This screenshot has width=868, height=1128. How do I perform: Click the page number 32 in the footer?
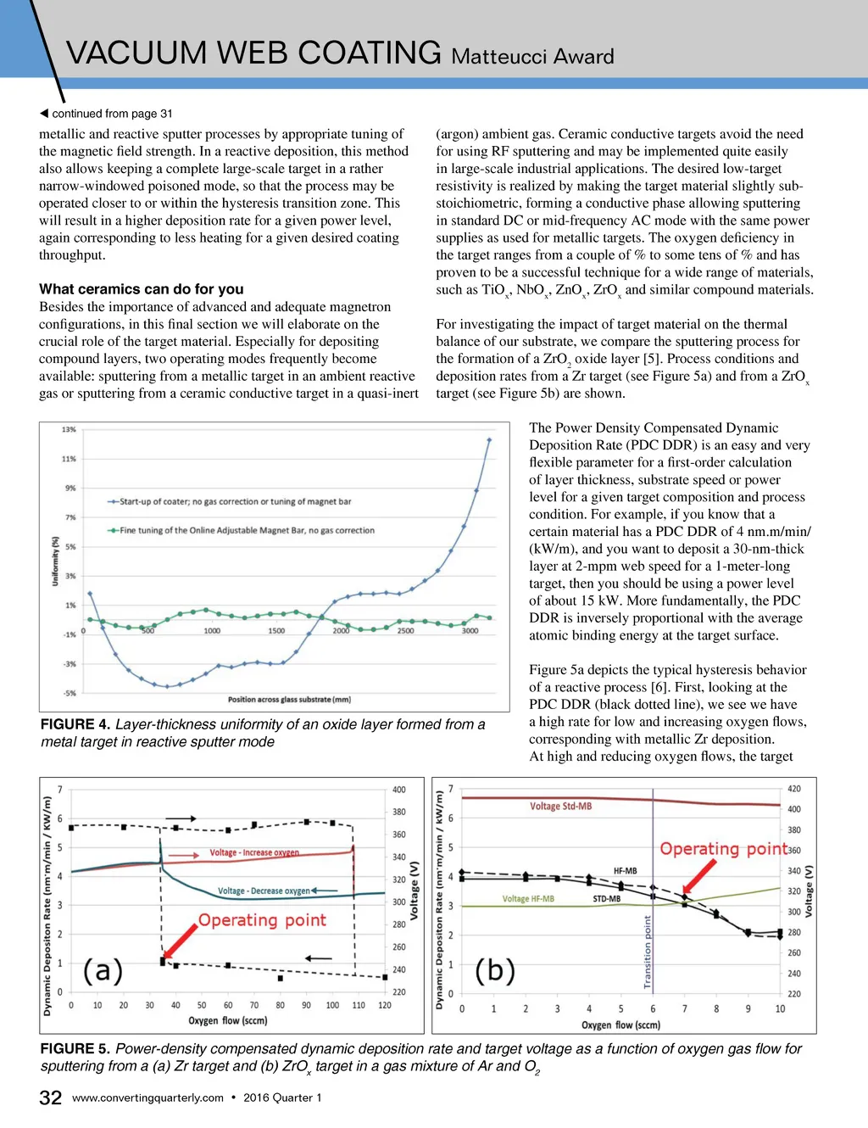[x=51, y=1097]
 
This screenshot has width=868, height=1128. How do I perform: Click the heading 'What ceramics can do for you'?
[x=141, y=289]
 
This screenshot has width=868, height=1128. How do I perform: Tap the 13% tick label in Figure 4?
[x=69, y=429]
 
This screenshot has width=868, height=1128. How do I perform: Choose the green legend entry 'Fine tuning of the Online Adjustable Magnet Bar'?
[x=247, y=530]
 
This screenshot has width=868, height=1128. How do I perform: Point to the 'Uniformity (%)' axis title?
[x=56, y=561]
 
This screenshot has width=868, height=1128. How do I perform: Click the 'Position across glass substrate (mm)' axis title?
[x=289, y=700]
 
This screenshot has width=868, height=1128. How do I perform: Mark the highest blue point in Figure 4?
[x=489, y=439]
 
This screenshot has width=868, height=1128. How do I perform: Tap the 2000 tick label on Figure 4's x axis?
[x=341, y=631]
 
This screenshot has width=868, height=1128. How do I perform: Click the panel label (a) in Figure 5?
[x=103, y=969]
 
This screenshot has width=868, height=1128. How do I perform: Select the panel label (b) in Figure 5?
[x=495, y=969]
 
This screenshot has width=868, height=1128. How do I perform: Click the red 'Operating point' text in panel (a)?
[x=262, y=920]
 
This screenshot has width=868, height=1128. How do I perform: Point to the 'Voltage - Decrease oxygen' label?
[x=264, y=891]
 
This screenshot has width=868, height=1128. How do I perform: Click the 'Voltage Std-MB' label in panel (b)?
[x=560, y=807]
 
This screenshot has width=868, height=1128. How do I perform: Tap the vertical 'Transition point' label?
[x=648, y=952]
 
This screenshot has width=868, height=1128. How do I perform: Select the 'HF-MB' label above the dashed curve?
[x=625, y=871]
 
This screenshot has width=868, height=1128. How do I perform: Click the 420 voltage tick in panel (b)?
[x=794, y=789]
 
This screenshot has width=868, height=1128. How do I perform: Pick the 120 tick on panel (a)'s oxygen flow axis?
[x=385, y=1005]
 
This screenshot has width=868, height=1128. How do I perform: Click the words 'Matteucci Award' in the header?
[x=532, y=57]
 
